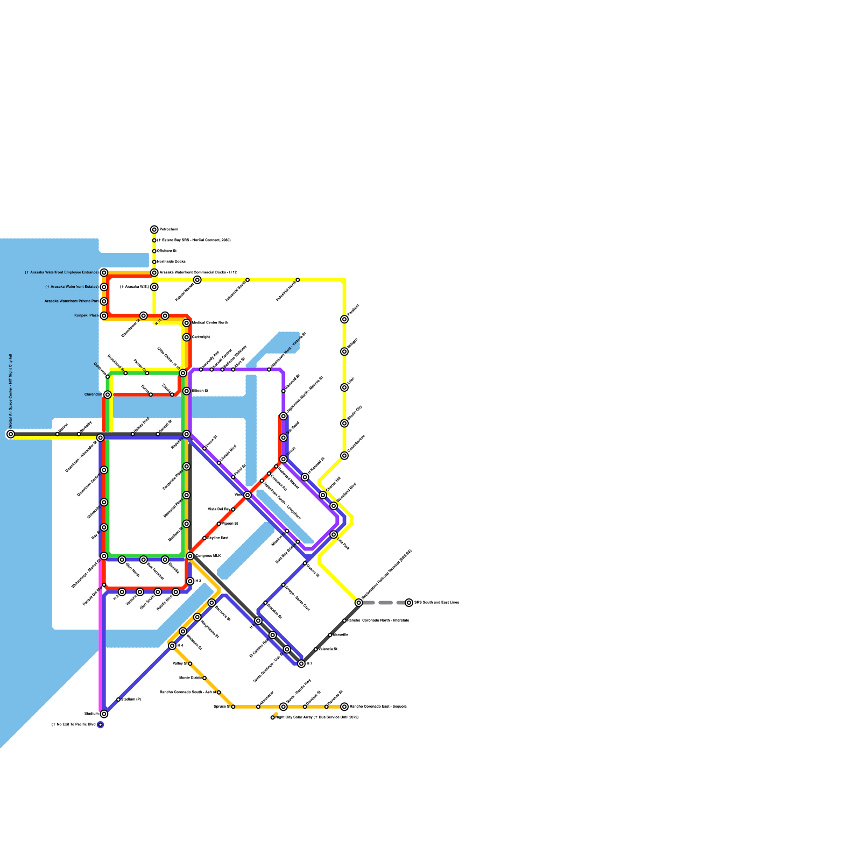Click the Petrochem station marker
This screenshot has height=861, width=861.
(154, 230)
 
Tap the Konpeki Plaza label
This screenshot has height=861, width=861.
(86, 315)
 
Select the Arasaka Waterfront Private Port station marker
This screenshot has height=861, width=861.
(104, 301)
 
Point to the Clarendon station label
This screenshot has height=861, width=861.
(93, 394)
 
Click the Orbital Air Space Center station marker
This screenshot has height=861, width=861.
(11, 434)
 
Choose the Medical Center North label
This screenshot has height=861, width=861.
(210, 323)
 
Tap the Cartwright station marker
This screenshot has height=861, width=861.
(186, 337)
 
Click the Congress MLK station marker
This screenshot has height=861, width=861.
(190, 556)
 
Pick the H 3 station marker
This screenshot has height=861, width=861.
(190, 581)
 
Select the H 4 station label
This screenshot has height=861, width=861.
(180, 646)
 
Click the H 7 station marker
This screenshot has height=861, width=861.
(301, 664)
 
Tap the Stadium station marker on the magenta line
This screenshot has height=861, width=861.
(104, 714)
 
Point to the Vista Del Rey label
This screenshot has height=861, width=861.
(218, 509)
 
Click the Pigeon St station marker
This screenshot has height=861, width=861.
(218, 524)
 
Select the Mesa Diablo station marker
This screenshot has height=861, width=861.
(204, 678)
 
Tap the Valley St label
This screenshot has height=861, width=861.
(180, 664)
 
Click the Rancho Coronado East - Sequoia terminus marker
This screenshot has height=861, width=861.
(344, 707)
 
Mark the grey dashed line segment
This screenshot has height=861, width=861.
(385, 603)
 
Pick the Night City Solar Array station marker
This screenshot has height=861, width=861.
(273, 717)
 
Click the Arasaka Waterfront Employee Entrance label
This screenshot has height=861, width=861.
(61, 273)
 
